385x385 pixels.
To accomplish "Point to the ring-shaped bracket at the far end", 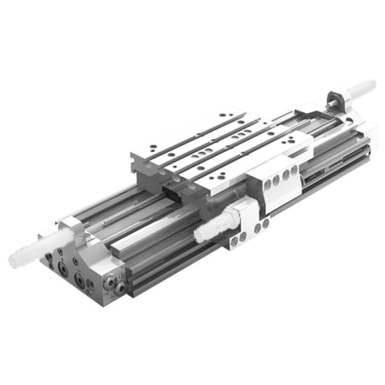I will pos(337,101).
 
